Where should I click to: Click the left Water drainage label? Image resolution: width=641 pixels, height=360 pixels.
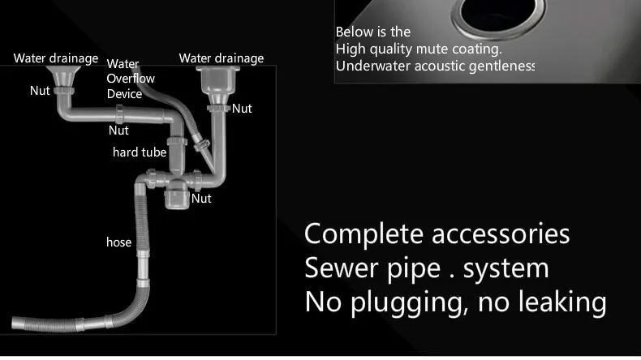[56, 58]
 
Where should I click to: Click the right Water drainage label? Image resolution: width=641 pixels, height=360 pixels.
[222, 58]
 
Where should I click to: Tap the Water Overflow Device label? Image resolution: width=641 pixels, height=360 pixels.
[130, 79]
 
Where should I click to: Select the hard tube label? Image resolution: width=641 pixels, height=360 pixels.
[139, 152]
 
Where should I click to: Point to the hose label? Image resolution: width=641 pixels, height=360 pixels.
[118, 242]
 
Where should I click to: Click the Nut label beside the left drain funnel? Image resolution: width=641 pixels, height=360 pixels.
[40, 91]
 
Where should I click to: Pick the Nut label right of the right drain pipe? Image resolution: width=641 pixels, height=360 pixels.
[242, 108]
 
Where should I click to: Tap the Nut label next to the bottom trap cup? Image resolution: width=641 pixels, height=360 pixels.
[201, 198]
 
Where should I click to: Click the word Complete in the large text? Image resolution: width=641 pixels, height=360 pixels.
[364, 234]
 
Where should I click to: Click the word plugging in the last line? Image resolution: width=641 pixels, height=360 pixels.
[407, 302]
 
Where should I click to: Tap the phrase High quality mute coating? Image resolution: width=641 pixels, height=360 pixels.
[419, 49]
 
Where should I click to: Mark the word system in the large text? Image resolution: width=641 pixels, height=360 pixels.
[506, 268]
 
